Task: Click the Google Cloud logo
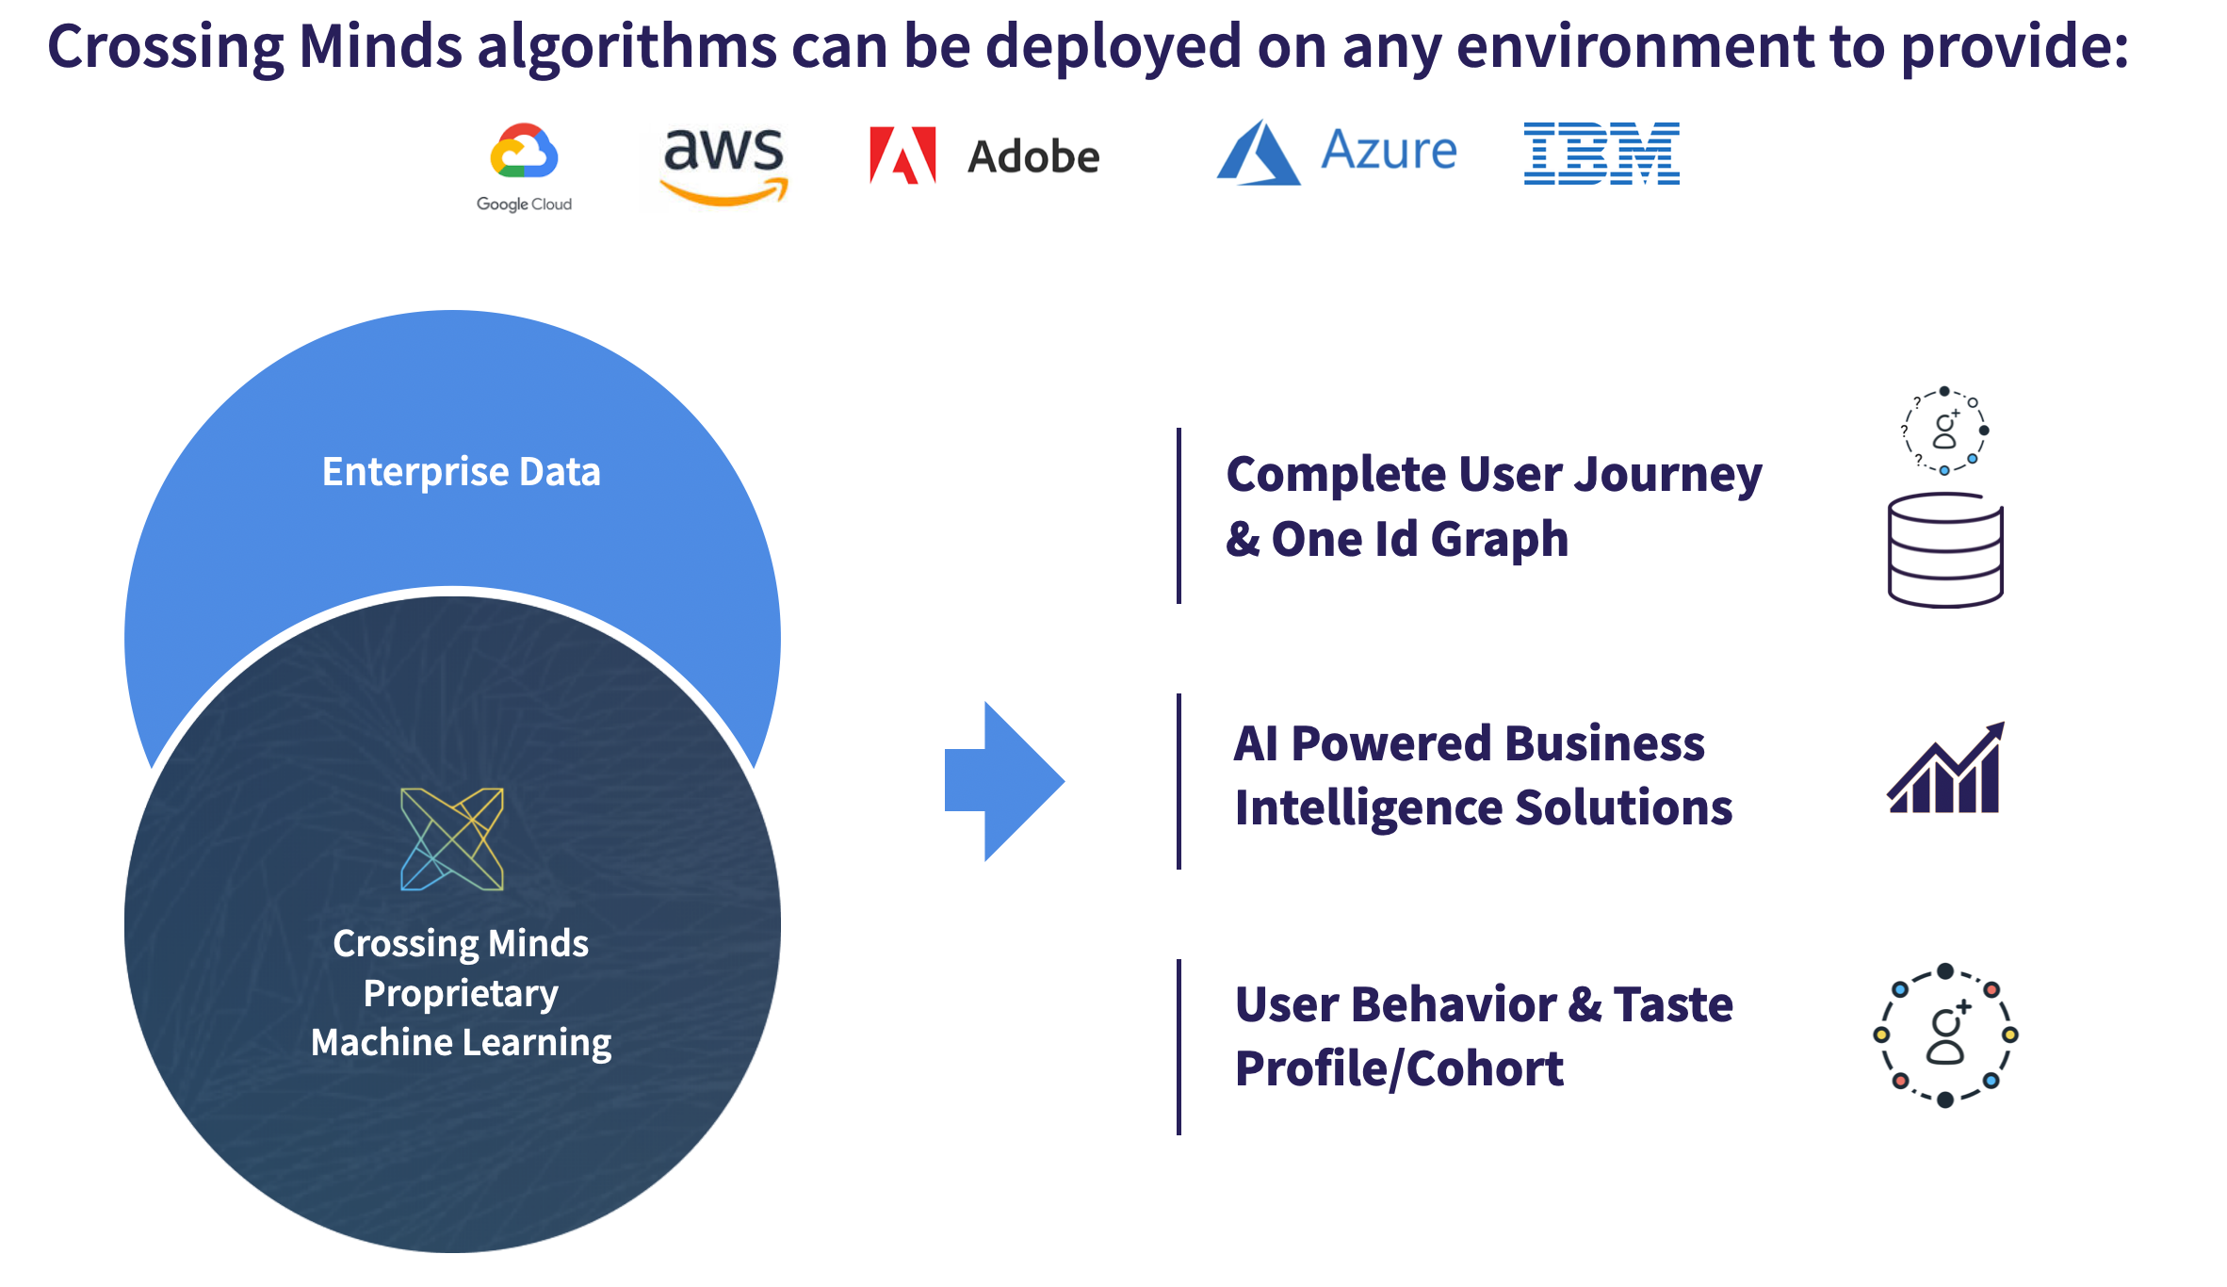(x=524, y=167)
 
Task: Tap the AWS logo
(x=723, y=166)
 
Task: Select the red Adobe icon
(x=902, y=155)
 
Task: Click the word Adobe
(x=1033, y=156)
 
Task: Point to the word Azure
(x=1389, y=150)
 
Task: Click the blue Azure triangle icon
(x=1259, y=153)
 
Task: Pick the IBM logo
(x=1601, y=153)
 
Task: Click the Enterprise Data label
(x=461, y=472)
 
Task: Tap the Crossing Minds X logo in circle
(x=452, y=839)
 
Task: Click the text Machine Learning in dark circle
(x=461, y=1043)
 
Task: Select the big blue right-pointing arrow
(x=1004, y=780)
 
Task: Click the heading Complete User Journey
(x=1494, y=475)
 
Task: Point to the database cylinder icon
(x=1945, y=550)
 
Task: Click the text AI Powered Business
(x=1470, y=743)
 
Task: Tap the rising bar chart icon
(x=1945, y=768)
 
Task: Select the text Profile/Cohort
(x=1399, y=1069)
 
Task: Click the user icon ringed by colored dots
(x=1945, y=1035)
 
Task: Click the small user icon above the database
(x=1945, y=431)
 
